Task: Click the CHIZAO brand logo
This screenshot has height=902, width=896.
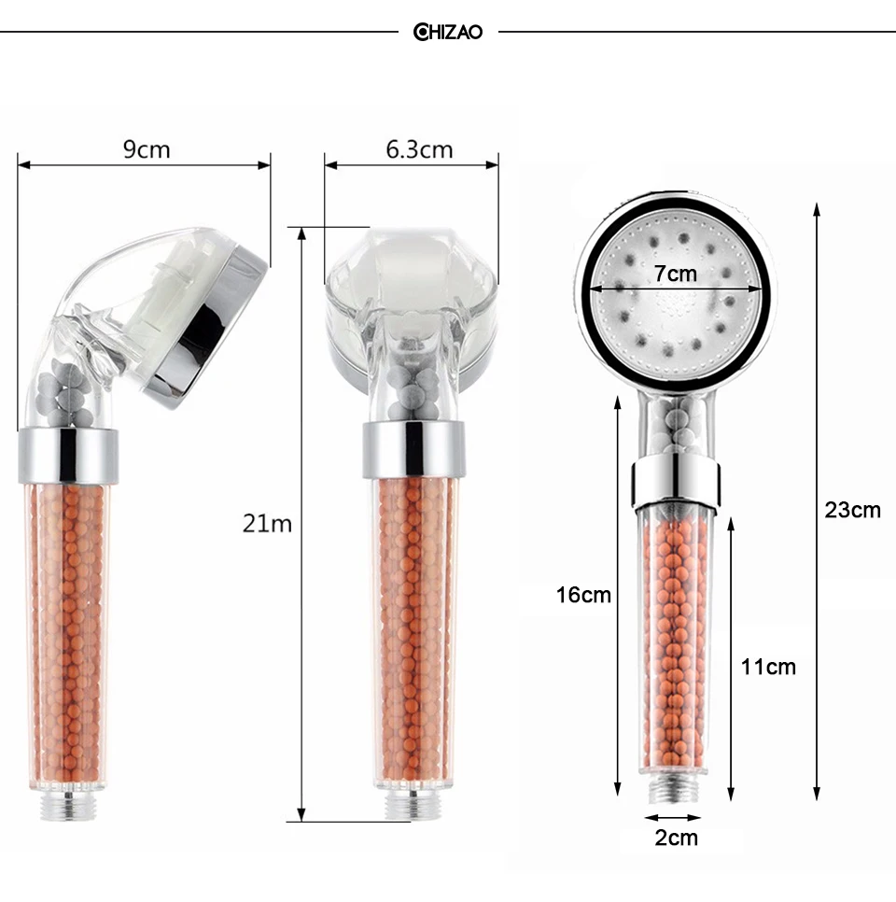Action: (x=447, y=32)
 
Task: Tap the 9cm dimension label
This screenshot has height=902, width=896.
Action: (x=147, y=149)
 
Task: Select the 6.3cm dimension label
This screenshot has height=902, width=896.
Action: (x=419, y=149)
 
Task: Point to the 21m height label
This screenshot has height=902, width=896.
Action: (x=267, y=524)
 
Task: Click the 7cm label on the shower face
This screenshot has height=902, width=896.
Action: (x=675, y=274)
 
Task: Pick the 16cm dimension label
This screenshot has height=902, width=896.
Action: (x=583, y=595)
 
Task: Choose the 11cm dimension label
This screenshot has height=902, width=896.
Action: (x=768, y=667)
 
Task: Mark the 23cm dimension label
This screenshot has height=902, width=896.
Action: (x=852, y=510)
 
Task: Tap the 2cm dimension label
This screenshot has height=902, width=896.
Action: (x=677, y=838)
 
